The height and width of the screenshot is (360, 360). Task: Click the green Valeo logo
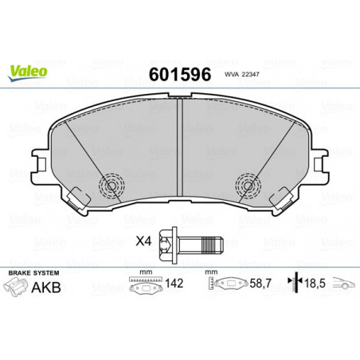tap(28, 72)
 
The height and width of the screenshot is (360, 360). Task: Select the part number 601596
tap(180, 74)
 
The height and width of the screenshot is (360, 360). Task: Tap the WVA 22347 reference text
tap(241, 75)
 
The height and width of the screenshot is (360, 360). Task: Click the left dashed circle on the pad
tap(112, 186)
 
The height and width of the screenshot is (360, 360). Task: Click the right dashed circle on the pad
tap(248, 186)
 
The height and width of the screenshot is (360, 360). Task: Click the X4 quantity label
tap(143, 241)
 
